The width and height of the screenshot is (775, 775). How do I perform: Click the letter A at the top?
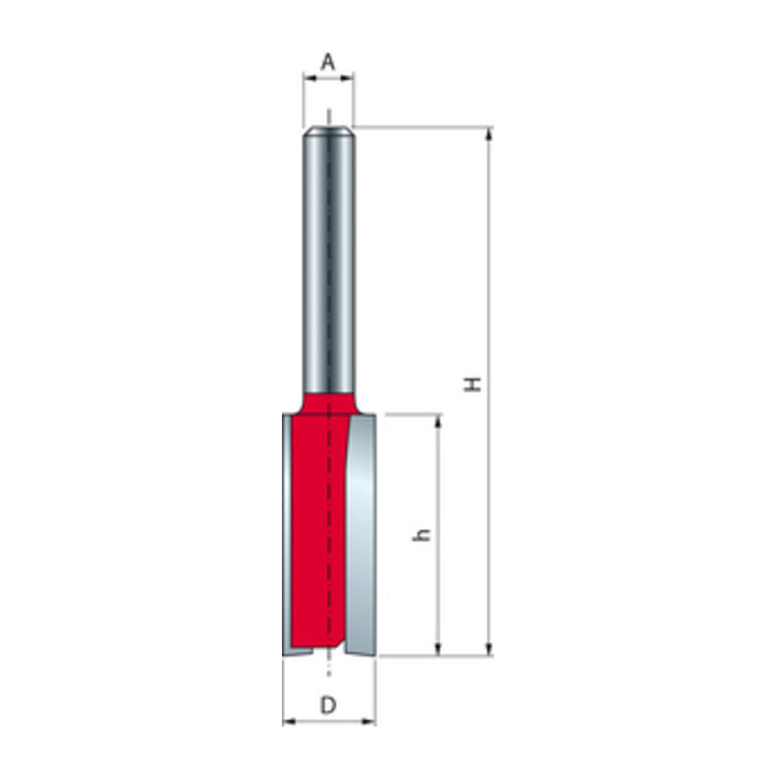[328, 63]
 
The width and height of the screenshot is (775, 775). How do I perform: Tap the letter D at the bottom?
[328, 705]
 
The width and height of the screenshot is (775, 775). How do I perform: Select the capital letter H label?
[473, 385]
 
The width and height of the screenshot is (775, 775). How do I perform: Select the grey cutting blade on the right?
[360, 533]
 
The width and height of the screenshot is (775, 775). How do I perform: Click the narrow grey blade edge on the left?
[286, 533]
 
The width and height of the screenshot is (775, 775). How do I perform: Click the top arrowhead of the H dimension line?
[489, 134]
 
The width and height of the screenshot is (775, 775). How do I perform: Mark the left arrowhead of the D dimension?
[288, 722]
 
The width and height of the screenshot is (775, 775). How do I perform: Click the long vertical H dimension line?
[489, 291]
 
